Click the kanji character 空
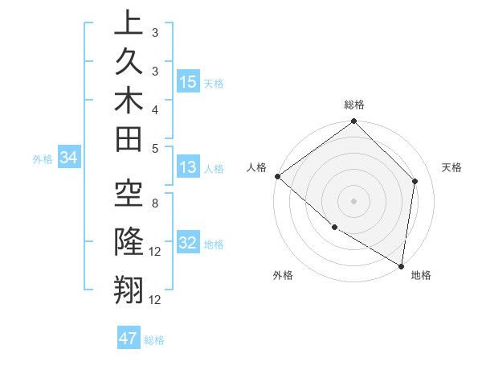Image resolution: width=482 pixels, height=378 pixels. pyautogui.click(x=129, y=193)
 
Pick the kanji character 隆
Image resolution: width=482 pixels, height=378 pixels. pyautogui.click(x=129, y=240)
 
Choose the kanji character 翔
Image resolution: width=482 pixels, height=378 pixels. pyautogui.click(x=129, y=288)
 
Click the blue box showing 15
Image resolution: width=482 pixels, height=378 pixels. pyautogui.click(x=188, y=81)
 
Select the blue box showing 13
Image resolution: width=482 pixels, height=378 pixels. pyautogui.click(x=188, y=167)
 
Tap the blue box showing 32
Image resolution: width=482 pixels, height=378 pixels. pyautogui.click(x=188, y=243)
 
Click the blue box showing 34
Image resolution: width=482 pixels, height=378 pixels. pyautogui.click(x=68, y=158)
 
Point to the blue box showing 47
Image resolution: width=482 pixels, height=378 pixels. pyautogui.click(x=129, y=339)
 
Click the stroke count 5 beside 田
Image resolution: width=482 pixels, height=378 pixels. pyautogui.click(x=155, y=148)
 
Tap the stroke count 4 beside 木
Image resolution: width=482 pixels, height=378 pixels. pyautogui.click(x=155, y=109)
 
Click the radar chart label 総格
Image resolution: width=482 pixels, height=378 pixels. pyautogui.click(x=354, y=105)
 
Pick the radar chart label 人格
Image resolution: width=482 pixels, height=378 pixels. pyautogui.click(x=257, y=166)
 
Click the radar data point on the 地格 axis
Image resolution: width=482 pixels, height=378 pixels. pyautogui.click(x=401, y=265)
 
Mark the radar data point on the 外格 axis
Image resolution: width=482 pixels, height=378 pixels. pyautogui.click(x=334, y=228)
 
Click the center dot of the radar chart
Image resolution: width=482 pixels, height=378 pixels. pyautogui.click(x=354, y=200)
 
